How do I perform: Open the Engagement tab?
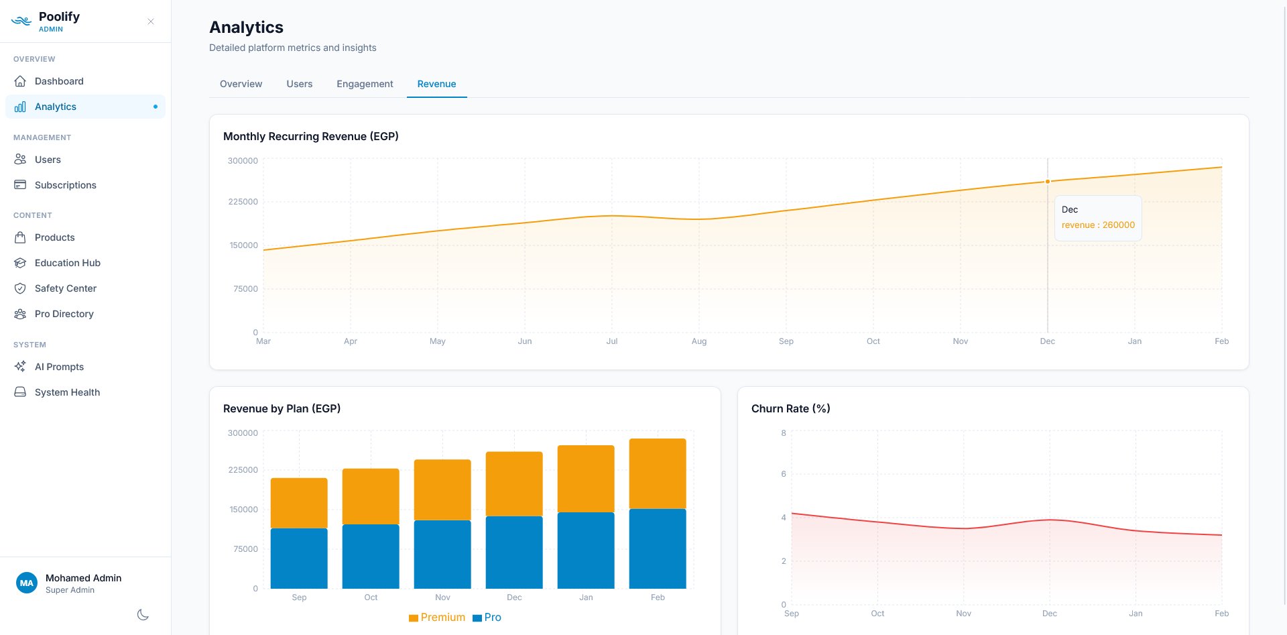pos(365,84)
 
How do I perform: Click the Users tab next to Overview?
pos(299,84)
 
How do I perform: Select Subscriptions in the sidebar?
pos(65,185)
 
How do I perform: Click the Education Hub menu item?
pos(67,263)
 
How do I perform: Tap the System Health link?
pos(67,392)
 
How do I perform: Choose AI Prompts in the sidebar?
pos(59,367)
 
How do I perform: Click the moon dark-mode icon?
pos(143,615)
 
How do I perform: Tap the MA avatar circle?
pos(27,583)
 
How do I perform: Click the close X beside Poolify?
pos(151,21)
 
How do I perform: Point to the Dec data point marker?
pos(1048,182)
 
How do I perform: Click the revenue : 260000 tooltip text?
pos(1098,225)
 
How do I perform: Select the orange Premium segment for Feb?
pos(658,473)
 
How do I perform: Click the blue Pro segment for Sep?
pos(299,558)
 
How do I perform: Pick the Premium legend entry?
pos(437,618)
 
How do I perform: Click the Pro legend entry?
pos(487,618)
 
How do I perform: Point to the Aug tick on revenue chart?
pos(699,341)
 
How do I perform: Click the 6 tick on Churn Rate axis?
pos(784,474)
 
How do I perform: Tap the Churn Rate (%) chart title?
pos(790,408)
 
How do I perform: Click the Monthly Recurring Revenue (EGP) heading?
pos(310,136)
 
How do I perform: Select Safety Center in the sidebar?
pos(65,288)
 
